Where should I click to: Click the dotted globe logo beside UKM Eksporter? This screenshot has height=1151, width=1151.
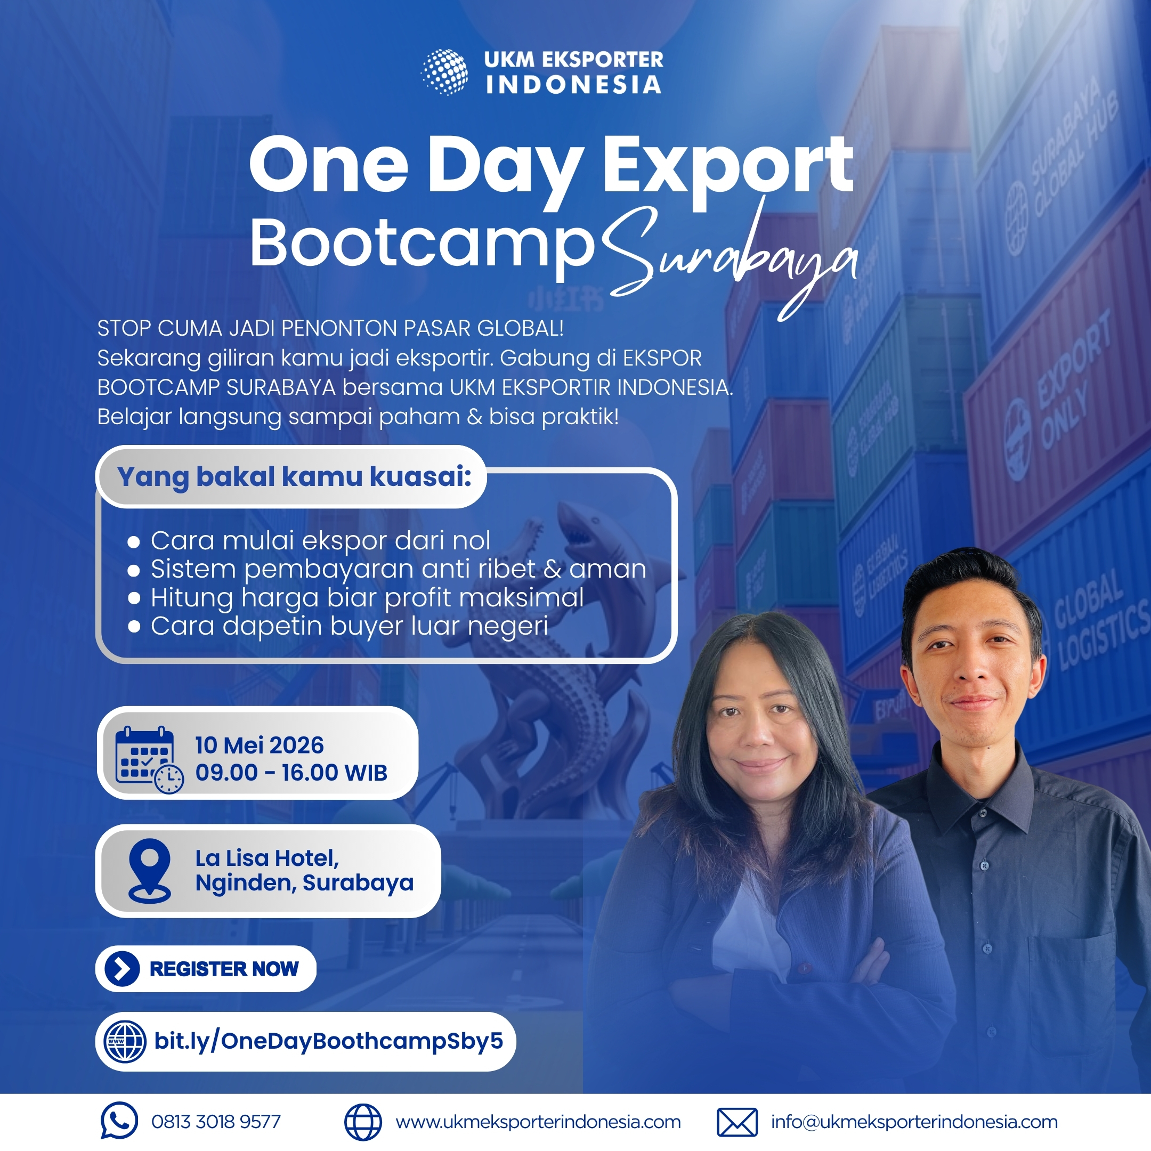[x=444, y=72]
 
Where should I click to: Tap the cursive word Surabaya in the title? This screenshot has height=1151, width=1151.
[x=730, y=262]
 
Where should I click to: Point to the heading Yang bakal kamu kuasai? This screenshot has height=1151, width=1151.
[x=294, y=476]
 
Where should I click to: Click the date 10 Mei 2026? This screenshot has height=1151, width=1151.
[x=259, y=745]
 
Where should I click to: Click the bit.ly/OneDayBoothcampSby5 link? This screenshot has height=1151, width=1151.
[x=329, y=1041]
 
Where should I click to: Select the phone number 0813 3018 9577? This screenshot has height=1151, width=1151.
[x=216, y=1122]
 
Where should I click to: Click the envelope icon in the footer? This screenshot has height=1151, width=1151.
[x=737, y=1122]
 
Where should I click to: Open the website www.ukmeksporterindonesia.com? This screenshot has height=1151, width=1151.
[x=538, y=1122]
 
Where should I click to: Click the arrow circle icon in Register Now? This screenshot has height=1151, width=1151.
[x=122, y=969]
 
